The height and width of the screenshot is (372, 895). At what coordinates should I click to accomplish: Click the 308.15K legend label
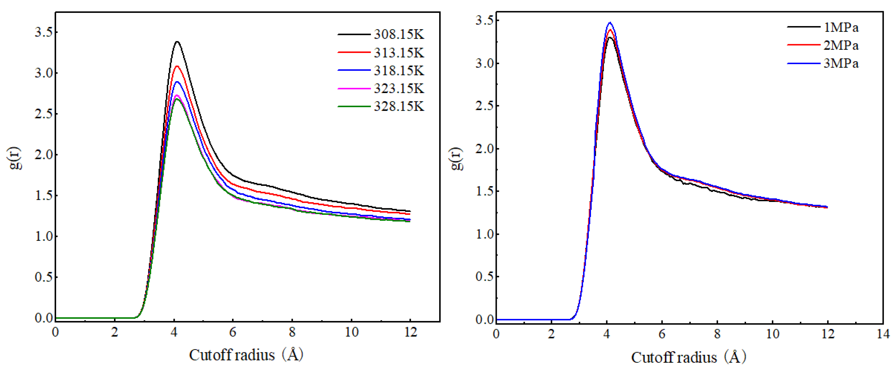coord(399,34)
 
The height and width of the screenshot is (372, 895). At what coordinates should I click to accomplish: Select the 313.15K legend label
coord(399,53)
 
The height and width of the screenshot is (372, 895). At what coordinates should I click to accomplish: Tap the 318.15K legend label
coord(399,70)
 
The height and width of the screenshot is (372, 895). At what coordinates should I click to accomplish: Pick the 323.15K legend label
coord(399,88)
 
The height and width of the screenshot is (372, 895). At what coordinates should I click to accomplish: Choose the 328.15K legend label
coord(399,106)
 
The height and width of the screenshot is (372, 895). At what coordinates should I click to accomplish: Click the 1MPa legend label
coord(841,27)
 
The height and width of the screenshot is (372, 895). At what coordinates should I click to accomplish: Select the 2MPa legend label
coord(841,46)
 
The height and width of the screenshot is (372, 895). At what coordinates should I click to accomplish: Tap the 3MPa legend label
coord(841,64)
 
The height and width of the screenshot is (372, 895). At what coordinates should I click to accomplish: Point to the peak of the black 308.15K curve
coord(177,42)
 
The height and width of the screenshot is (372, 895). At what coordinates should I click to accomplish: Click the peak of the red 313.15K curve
coord(177,66)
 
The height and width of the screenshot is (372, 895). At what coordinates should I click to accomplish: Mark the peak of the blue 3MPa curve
coord(610,23)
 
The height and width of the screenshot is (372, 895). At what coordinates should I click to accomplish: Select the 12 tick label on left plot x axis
coord(410,332)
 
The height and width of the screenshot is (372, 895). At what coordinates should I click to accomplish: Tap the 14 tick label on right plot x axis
coord(882,334)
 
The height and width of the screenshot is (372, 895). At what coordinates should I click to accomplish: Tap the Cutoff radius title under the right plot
coord(688,357)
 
